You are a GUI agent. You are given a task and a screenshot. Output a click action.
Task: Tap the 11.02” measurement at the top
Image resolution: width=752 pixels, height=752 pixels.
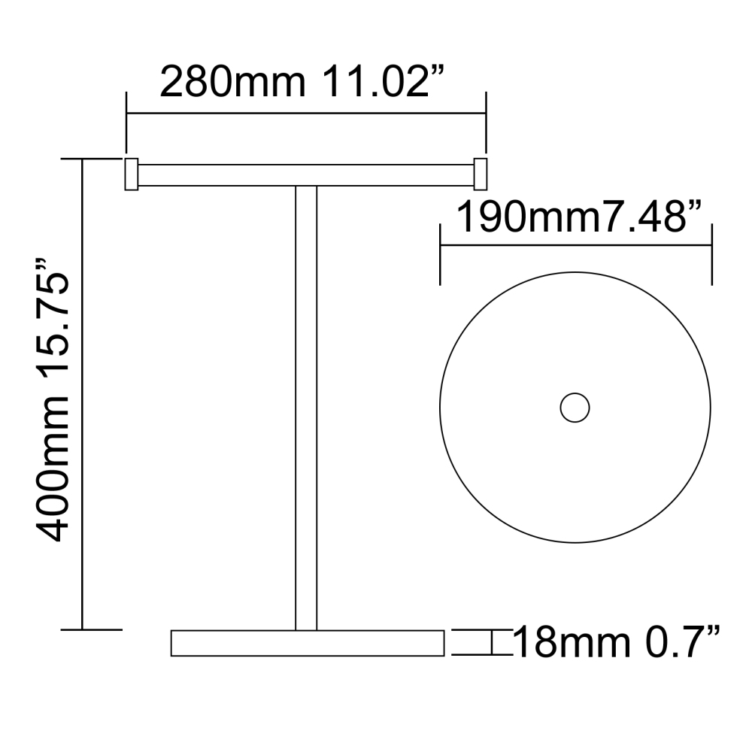click(381, 82)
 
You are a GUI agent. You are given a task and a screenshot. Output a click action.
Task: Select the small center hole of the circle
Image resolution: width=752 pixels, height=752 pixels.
click(575, 407)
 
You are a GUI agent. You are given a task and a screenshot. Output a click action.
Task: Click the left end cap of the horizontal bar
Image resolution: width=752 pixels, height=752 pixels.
click(130, 174)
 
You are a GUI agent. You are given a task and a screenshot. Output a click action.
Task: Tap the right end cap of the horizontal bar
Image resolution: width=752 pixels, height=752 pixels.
click(480, 174)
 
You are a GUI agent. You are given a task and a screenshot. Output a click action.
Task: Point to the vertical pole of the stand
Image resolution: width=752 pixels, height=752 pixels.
click(306, 406)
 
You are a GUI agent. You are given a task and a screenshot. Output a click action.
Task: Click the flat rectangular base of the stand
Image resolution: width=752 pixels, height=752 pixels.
click(308, 643)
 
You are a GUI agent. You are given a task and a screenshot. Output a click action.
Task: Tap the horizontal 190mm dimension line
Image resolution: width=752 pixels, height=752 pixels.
click(575, 244)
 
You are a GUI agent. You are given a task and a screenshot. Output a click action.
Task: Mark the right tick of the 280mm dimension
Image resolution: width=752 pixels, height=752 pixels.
click(486, 120)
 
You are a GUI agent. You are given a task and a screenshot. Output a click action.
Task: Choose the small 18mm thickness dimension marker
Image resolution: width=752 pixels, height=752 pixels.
click(490, 643)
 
